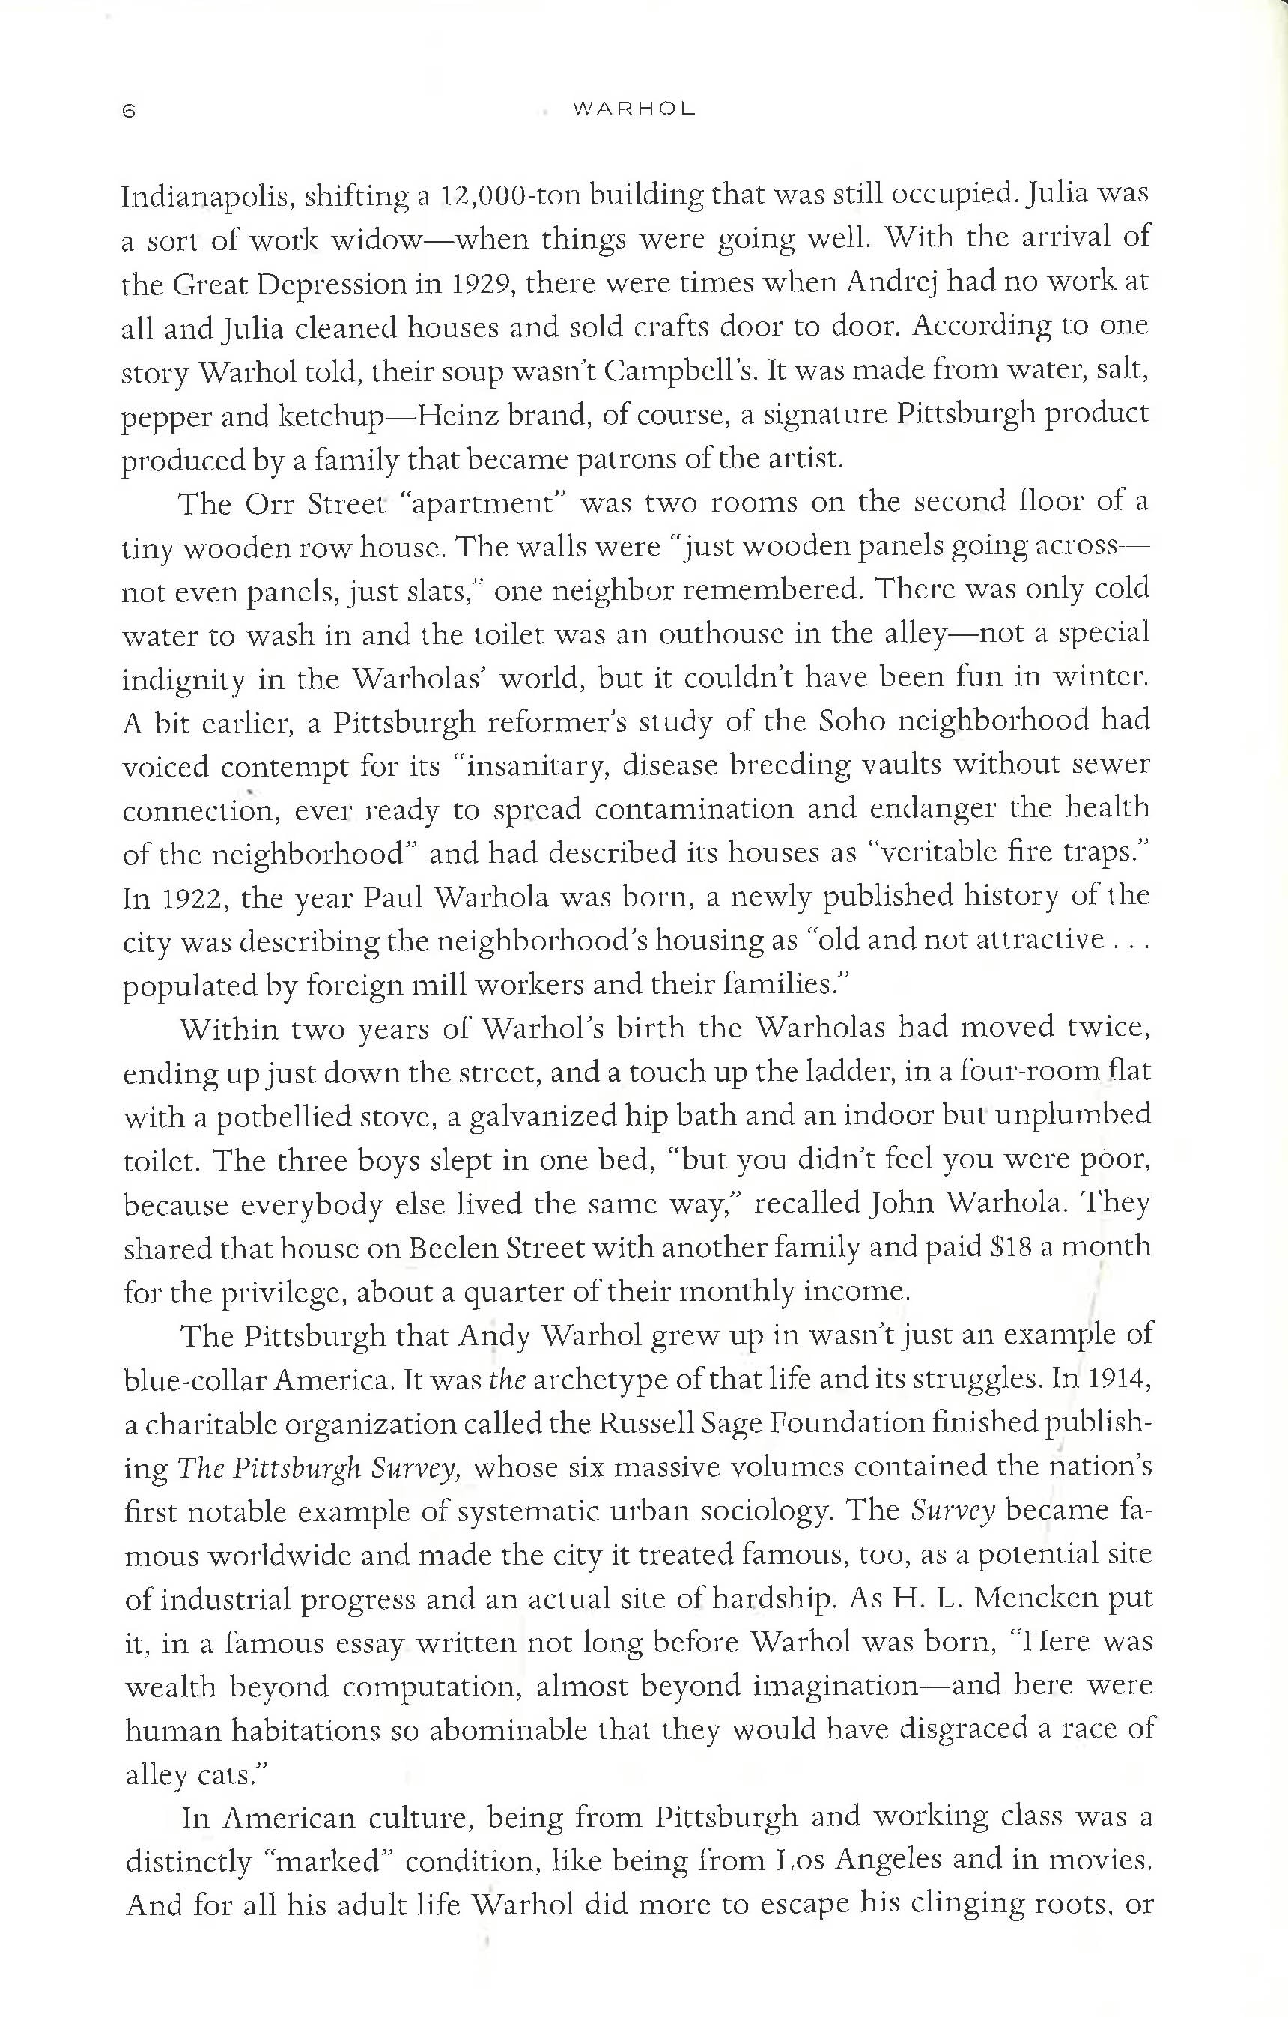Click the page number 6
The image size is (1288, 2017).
[x=128, y=111]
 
